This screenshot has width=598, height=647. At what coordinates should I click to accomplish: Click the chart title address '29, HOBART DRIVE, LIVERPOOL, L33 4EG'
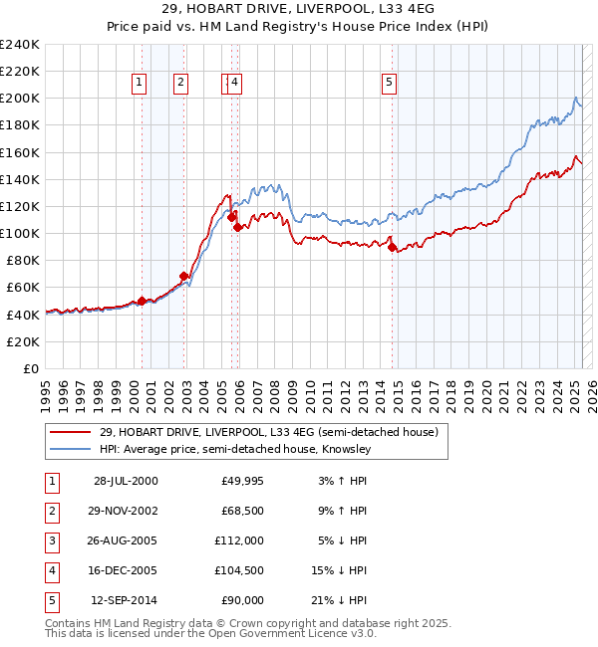(298, 14)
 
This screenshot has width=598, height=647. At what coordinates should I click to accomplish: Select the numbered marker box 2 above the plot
(180, 84)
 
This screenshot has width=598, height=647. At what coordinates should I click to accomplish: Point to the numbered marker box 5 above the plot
(388, 84)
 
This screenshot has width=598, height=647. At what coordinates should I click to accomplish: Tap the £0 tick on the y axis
(31, 368)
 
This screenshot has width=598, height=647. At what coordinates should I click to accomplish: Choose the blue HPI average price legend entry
(235, 449)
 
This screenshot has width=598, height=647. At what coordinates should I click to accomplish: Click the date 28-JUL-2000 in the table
(125, 482)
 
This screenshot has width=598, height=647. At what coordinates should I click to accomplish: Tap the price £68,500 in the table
(240, 512)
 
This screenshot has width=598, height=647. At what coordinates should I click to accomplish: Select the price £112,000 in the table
(240, 540)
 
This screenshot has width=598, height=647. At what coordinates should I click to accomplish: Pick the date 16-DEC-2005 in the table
(125, 570)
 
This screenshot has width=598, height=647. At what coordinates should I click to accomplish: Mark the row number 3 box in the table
(50, 540)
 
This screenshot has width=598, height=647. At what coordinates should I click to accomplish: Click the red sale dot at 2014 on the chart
(392, 246)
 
